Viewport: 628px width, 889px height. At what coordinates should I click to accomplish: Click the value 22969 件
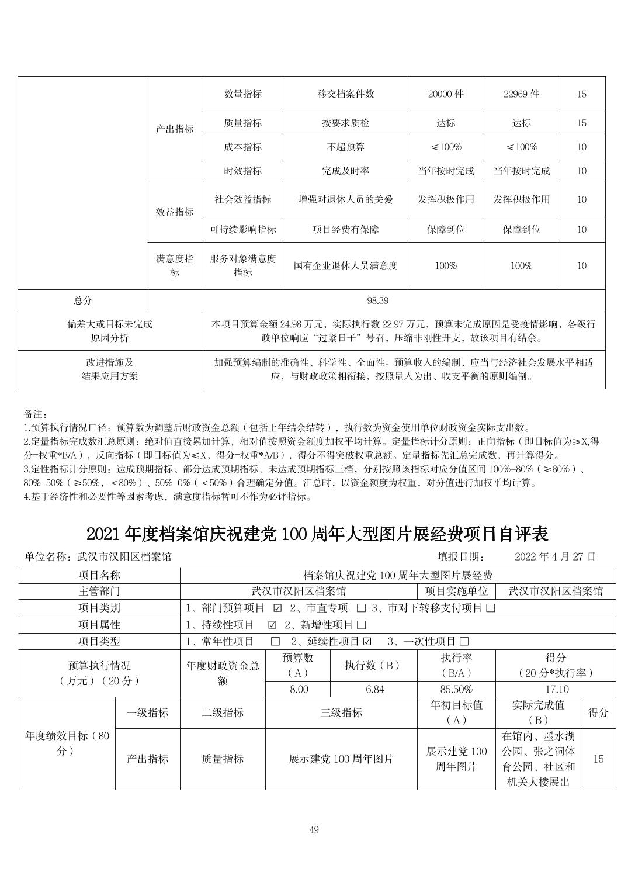point(521,94)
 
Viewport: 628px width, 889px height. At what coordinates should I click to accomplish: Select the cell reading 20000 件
point(446,94)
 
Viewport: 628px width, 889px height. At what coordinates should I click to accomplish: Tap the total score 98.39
point(377,300)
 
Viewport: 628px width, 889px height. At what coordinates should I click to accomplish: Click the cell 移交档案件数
point(345,94)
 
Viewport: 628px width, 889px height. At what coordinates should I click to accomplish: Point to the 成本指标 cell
point(242,147)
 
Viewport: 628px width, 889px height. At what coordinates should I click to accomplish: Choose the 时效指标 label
point(242,171)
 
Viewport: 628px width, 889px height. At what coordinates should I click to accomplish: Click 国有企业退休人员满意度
point(345,266)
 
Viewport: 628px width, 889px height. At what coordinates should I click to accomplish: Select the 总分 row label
point(83,300)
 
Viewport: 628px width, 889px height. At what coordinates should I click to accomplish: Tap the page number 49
point(314,830)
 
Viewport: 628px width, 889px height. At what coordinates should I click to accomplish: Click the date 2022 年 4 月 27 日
point(555,556)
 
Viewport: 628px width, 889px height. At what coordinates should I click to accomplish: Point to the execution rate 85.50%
point(456,690)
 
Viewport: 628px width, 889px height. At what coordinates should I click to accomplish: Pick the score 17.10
point(555,690)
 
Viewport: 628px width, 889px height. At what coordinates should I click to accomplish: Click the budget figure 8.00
point(299,690)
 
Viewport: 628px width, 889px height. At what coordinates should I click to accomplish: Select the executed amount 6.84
point(374,690)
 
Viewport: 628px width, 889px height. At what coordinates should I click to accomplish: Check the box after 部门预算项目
point(278,608)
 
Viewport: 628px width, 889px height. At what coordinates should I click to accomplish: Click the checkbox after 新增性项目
point(361,625)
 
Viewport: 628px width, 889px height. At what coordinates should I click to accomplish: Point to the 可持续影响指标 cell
point(242,230)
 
